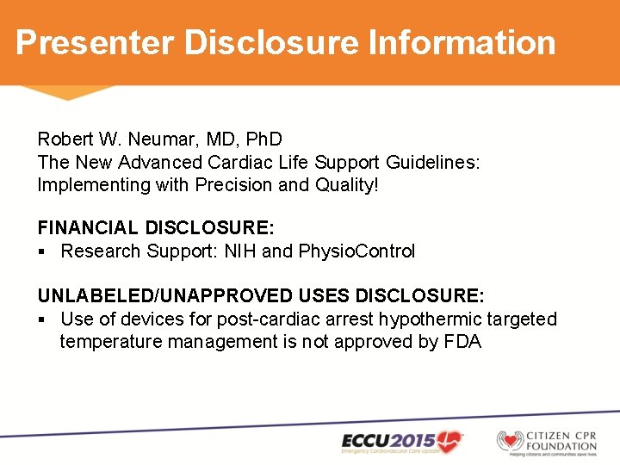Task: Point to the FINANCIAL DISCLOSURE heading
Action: click(x=156, y=228)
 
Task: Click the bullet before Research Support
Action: click(x=42, y=251)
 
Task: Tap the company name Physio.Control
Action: click(x=356, y=251)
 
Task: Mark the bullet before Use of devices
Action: click(x=42, y=319)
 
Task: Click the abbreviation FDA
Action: click(x=463, y=342)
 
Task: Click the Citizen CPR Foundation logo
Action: click(x=547, y=441)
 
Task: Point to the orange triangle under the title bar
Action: click(x=67, y=92)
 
